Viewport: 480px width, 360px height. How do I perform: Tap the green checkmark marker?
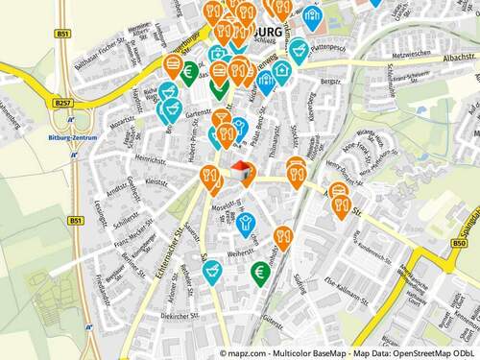tap(219, 86)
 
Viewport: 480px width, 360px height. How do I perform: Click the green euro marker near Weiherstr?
tap(259, 273)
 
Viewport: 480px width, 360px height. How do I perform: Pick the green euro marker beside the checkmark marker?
tap(191, 71)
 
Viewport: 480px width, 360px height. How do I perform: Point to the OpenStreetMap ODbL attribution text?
tap(426, 352)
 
